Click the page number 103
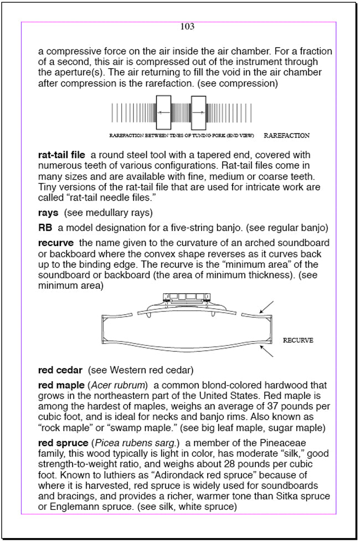click(x=187, y=27)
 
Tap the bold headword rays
click(x=49, y=212)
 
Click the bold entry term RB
click(x=45, y=227)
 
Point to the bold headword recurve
click(x=56, y=243)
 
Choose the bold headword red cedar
click(x=60, y=370)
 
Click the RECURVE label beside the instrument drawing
click(x=298, y=340)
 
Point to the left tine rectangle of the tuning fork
click(x=164, y=112)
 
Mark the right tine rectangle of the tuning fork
click(x=198, y=112)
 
